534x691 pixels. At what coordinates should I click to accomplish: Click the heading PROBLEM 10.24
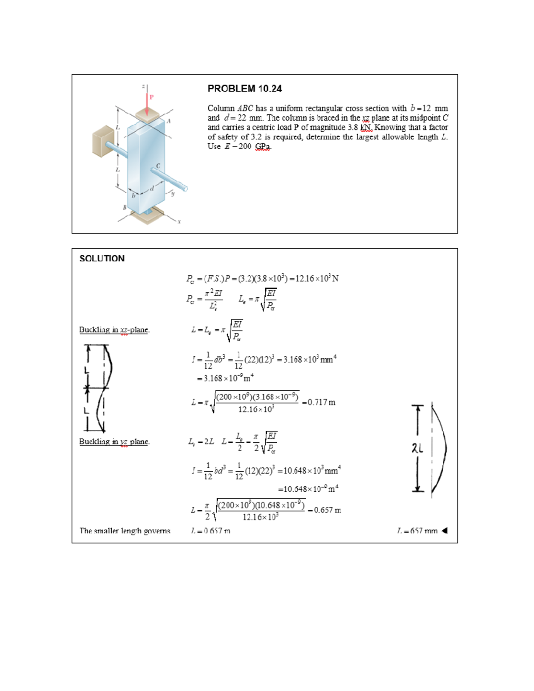pos(244,89)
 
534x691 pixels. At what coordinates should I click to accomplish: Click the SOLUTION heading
pos(102,259)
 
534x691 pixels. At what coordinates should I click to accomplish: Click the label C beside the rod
pos(158,166)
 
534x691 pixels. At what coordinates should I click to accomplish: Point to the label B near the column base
pos(125,207)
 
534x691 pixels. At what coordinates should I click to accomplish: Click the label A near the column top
pos(169,121)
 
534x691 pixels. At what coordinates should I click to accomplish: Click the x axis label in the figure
pos(179,222)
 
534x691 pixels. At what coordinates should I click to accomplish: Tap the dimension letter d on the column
pos(152,189)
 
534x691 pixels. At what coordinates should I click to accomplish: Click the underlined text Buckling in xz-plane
pos(114,330)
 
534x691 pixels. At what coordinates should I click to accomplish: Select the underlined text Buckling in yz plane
pos(114,441)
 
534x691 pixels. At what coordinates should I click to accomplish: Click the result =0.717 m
pos(319,402)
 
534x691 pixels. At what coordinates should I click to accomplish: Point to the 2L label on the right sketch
pos(417,449)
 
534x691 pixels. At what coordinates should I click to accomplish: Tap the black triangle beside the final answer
pos(444,530)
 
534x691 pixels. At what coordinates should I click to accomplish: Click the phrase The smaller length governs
pos(125,530)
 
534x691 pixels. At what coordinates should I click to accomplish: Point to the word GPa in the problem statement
pos(263,146)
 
